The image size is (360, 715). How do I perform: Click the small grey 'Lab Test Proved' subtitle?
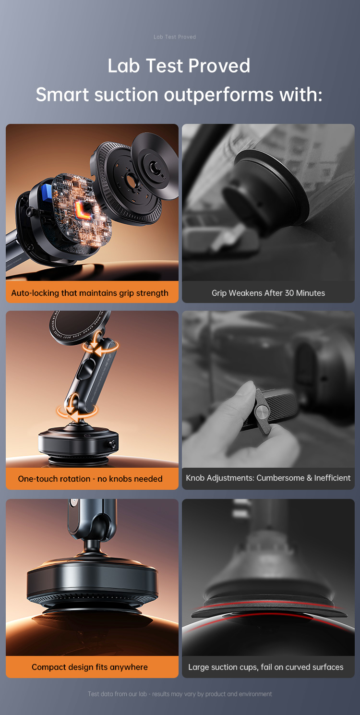[x=175, y=37]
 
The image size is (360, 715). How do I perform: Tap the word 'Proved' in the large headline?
[x=219, y=66]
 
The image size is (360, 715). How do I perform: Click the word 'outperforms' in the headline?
[x=218, y=95]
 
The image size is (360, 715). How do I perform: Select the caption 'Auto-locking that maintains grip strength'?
[x=90, y=293]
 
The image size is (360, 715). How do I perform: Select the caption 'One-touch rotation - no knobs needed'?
[x=90, y=479]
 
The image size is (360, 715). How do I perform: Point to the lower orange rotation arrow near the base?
[x=77, y=412]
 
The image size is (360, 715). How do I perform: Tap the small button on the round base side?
[x=112, y=444]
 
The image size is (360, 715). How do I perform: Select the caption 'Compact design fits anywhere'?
[x=90, y=667]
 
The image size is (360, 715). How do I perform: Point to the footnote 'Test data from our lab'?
[x=117, y=694]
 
